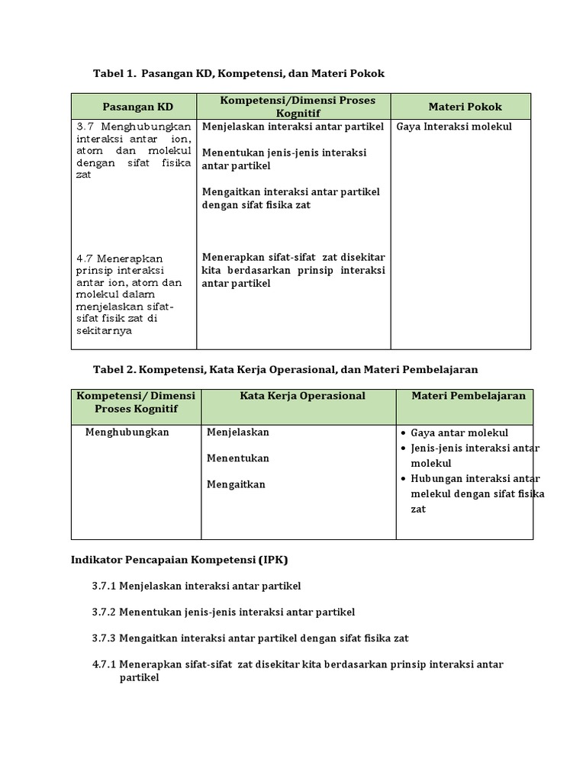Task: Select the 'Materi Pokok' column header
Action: point(460,106)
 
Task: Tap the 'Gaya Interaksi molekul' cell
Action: point(454,127)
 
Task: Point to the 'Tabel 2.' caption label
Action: point(114,369)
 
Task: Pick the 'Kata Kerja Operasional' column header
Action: point(302,396)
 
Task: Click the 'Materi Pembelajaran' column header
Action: point(468,396)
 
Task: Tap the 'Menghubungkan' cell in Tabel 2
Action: point(127,432)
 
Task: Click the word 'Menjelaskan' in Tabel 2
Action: point(237,432)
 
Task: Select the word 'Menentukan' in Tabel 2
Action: point(237,458)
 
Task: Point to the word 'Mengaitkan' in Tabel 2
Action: point(236,484)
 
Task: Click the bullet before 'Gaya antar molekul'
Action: point(403,433)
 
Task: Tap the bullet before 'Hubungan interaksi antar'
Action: point(403,479)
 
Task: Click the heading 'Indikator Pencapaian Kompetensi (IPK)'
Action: point(179,560)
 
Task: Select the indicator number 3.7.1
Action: point(104,586)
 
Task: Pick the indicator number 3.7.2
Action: point(104,612)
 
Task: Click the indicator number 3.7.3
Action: point(104,638)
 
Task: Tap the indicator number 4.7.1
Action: point(104,664)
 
